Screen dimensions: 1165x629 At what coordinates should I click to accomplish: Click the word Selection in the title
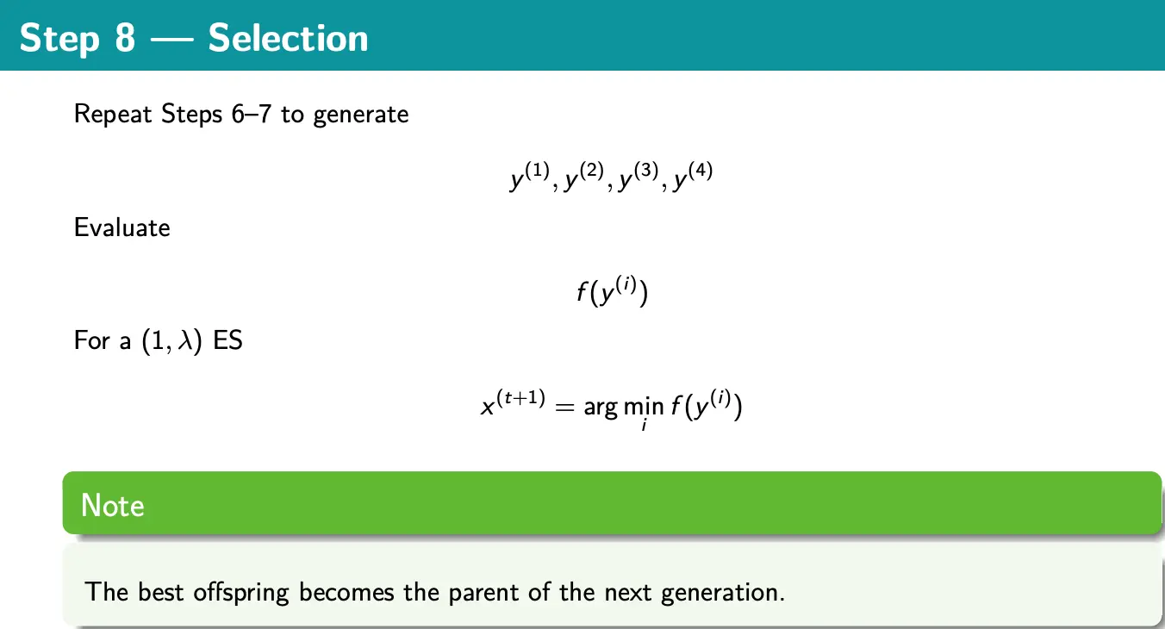288,38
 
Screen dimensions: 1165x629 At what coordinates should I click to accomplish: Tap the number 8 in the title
125,38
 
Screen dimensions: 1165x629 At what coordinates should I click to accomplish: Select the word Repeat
113,115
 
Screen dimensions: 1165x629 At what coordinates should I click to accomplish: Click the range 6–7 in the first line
252,114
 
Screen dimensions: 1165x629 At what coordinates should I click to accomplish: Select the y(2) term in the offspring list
584,177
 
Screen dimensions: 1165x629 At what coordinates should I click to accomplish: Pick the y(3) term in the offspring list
639,177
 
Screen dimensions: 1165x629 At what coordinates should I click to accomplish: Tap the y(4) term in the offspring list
693,177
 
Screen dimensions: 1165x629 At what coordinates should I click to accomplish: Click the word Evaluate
122,227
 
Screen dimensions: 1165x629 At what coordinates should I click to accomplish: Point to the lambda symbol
184,340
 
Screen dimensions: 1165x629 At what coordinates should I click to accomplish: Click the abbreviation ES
227,340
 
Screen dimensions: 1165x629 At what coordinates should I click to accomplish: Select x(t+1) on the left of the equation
513,404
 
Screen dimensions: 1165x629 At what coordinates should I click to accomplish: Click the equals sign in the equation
564,407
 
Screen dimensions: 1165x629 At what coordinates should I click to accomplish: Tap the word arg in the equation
601,408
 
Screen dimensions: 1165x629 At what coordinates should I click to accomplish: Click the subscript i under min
644,425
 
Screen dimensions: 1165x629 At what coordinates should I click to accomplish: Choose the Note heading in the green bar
112,505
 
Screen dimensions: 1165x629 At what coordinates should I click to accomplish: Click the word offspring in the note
240,593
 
